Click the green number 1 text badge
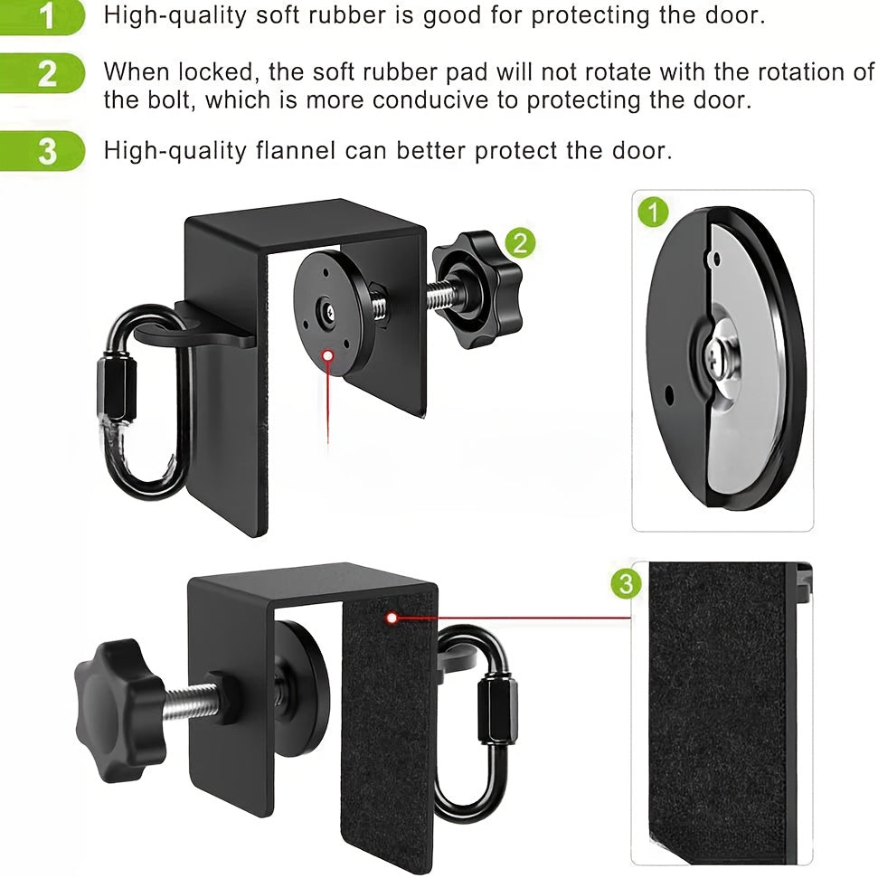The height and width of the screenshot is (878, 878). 45,16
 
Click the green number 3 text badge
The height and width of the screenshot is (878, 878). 45,151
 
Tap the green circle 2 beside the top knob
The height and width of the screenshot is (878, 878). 520,242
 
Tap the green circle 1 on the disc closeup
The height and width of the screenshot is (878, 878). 652,213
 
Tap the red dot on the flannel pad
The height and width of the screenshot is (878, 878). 392,618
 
